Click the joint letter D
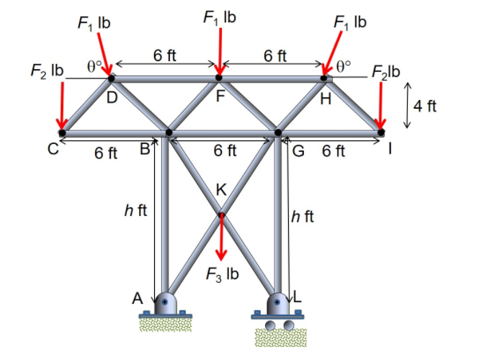[112, 99]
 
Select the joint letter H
[326, 99]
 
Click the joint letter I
[390, 150]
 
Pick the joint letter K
[221, 191]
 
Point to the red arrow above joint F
[219, 50]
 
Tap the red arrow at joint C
[63, 104]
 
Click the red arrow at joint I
[380, 104]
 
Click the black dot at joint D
[112, 77]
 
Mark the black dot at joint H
[324, 77]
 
